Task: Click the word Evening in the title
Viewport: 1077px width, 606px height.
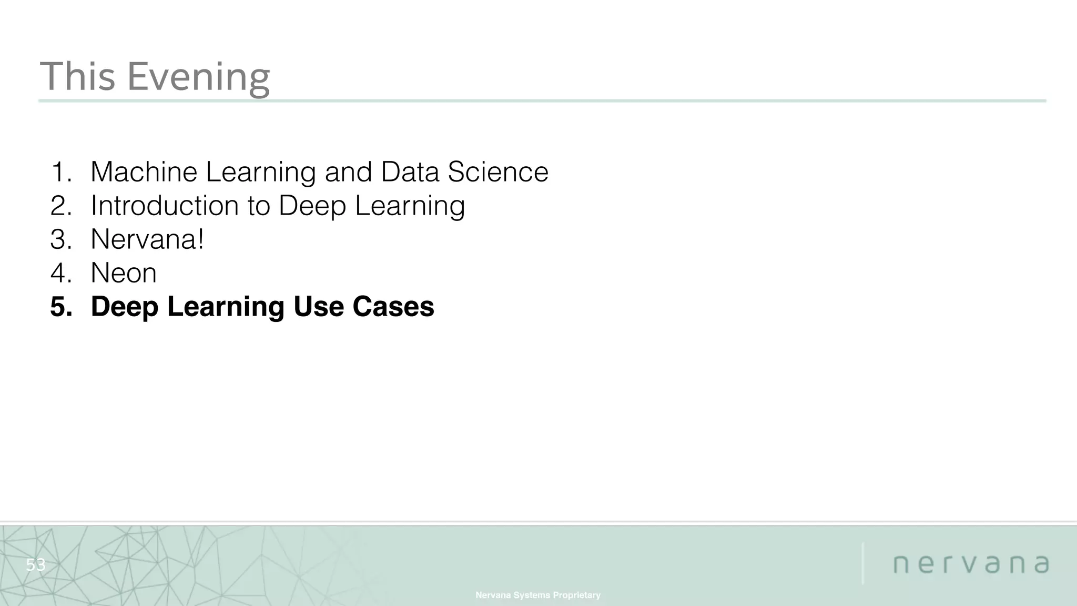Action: [x=198, y=77]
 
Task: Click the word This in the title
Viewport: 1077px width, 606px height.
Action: [x=77, y=77]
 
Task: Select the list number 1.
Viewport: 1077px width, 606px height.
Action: [x=61, y=172]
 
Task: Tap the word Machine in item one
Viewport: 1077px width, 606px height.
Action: [x=144, y=172]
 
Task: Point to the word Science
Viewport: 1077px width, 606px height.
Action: [x=497, y=172]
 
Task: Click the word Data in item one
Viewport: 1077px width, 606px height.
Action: [x=410, y=172]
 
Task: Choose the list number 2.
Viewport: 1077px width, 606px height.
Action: [x=61, y=206]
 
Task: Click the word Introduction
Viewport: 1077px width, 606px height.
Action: [x=165, y=206]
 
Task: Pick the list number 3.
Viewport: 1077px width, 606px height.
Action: [x=61, y=239]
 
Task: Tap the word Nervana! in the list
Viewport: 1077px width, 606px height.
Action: [x=147, y=239]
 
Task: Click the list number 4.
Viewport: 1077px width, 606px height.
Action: [x=61, y=273]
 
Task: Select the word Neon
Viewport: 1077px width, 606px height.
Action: [x=124, y=273]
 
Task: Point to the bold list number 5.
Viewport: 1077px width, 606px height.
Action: [x=61, y=307]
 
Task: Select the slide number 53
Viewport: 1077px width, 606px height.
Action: [x=36, y=565]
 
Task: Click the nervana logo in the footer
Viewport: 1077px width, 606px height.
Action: [x=971, y=564]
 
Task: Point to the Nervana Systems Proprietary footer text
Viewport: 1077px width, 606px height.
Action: [x=538, y=595]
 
